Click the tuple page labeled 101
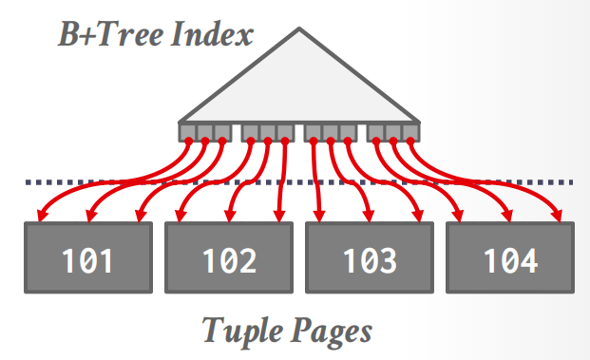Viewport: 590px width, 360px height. [x=88, y=257]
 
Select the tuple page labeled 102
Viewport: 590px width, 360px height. [x=229, y=257]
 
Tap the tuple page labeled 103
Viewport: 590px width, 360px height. [x=370, y=257]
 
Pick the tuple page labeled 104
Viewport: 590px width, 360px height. [x=510, y=257]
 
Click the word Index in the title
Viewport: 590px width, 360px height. [x=212, y=34]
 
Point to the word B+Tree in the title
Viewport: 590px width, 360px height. [x=111, y=34]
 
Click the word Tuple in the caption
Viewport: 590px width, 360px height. [x=242, y=332]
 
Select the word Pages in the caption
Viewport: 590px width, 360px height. [x=332, y=332]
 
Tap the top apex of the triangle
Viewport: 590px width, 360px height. [x=299, y=28]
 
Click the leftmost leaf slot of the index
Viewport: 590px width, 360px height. [x=188, y=132]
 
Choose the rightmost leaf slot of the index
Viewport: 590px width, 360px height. [x=410, y=132]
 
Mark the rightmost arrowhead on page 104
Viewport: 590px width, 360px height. [x=558, y=216]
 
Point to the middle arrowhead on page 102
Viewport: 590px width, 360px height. [x=229, y=216]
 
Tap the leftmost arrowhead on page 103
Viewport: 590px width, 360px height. [x=319, y=216]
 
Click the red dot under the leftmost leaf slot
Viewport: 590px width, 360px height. [x=189, y=141]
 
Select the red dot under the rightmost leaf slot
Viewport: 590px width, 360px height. [x=410, y=141]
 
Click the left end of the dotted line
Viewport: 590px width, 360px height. [x=27, y=182]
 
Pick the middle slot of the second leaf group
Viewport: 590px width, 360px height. [x=268, y=132]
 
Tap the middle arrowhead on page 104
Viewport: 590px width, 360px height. [x=508, y=216]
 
